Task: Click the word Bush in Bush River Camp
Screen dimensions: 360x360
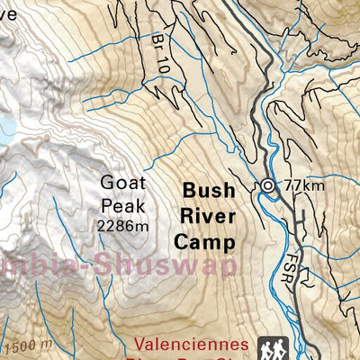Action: (208, 191)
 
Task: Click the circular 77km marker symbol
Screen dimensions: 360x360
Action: (268, 185)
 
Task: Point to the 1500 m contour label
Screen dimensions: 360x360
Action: (26, 345)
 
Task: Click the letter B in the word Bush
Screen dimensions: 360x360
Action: (189, 191)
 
